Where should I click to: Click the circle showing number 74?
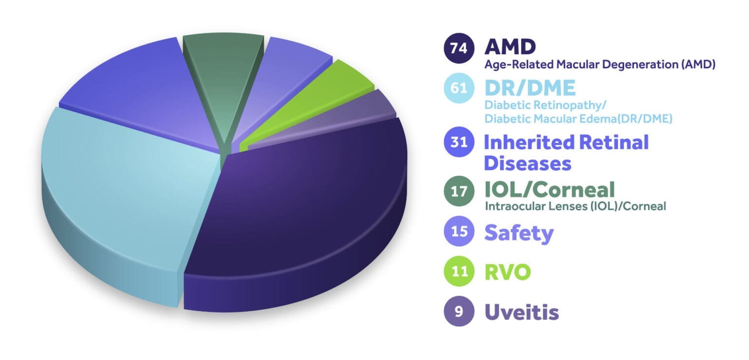click(x=458, y=48)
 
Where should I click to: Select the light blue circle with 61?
click(x=458, y=88)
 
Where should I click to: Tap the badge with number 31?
click(x=458, y=142)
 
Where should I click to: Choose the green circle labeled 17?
click(x=458, y=191)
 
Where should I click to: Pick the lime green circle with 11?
click(x=458, y=272)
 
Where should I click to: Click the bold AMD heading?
click(x=510, y=47)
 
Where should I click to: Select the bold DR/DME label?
click(x=530, y=88)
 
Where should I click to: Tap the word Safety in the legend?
click(x=518, y=233)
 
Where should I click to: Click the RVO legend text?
click(x=507, y=272)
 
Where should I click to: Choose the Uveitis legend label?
click(x=521, y=312)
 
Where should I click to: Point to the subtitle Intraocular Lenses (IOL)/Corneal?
click(x=575, y=206)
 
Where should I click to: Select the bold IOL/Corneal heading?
click(x=549, y=189)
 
